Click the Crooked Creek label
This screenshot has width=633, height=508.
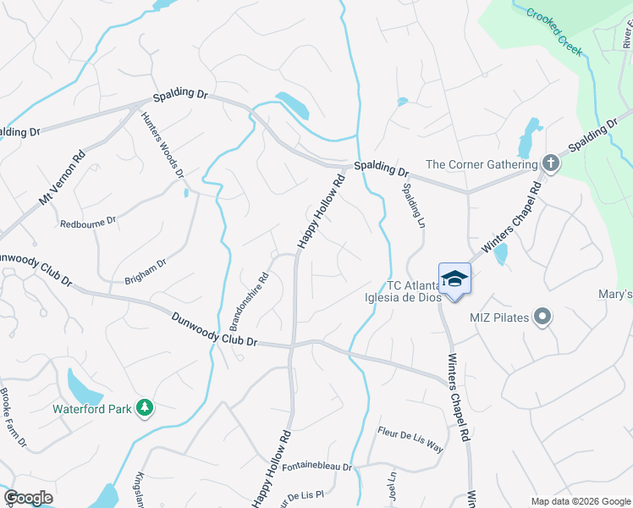point(554,31)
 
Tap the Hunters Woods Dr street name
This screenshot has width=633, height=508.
point(162,145)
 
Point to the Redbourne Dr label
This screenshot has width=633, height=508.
point(87,224)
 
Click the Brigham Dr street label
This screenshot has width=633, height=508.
point(146,269)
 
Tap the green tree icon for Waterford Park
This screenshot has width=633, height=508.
point(146,408)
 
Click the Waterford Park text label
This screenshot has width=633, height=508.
point(92,409)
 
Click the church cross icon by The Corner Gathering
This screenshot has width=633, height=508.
point(550,164)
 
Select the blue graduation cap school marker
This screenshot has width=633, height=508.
point(454,279)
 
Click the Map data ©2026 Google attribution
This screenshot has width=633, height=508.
point(581,500)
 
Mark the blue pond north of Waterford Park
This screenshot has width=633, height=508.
point(85,389)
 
